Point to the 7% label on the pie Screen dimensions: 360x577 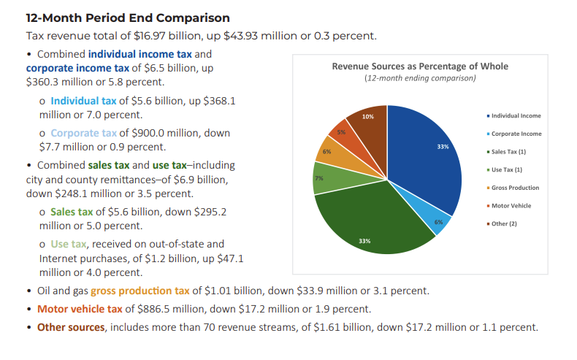pyautogui.click(x=319, y=178)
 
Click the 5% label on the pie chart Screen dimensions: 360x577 pyautogui.click(x=341, y=132)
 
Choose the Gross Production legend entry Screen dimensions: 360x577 pyautogui.click(x=513, y=188)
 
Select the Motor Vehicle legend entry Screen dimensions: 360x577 pyautogui.click(x=511, y=205)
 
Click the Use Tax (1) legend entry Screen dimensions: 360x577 pyautogui.click(x=506, y=169)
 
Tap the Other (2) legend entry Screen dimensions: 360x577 pyautogui.click(x=503, y=223)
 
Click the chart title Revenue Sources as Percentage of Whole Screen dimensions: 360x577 pyautogui.click(x=419, y=66)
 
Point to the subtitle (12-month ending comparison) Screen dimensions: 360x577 pyautogui.click(x=419, y=78)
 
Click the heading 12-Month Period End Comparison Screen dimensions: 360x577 pyautogui.click(x=128, y=18)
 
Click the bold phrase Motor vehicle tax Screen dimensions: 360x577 pyautogui.click(x=80, y=309)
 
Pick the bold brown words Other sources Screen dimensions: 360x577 pyautogui.click(x=71, y=327)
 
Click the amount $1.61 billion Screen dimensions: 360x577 pyautogui.click(x=335, y=327)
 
